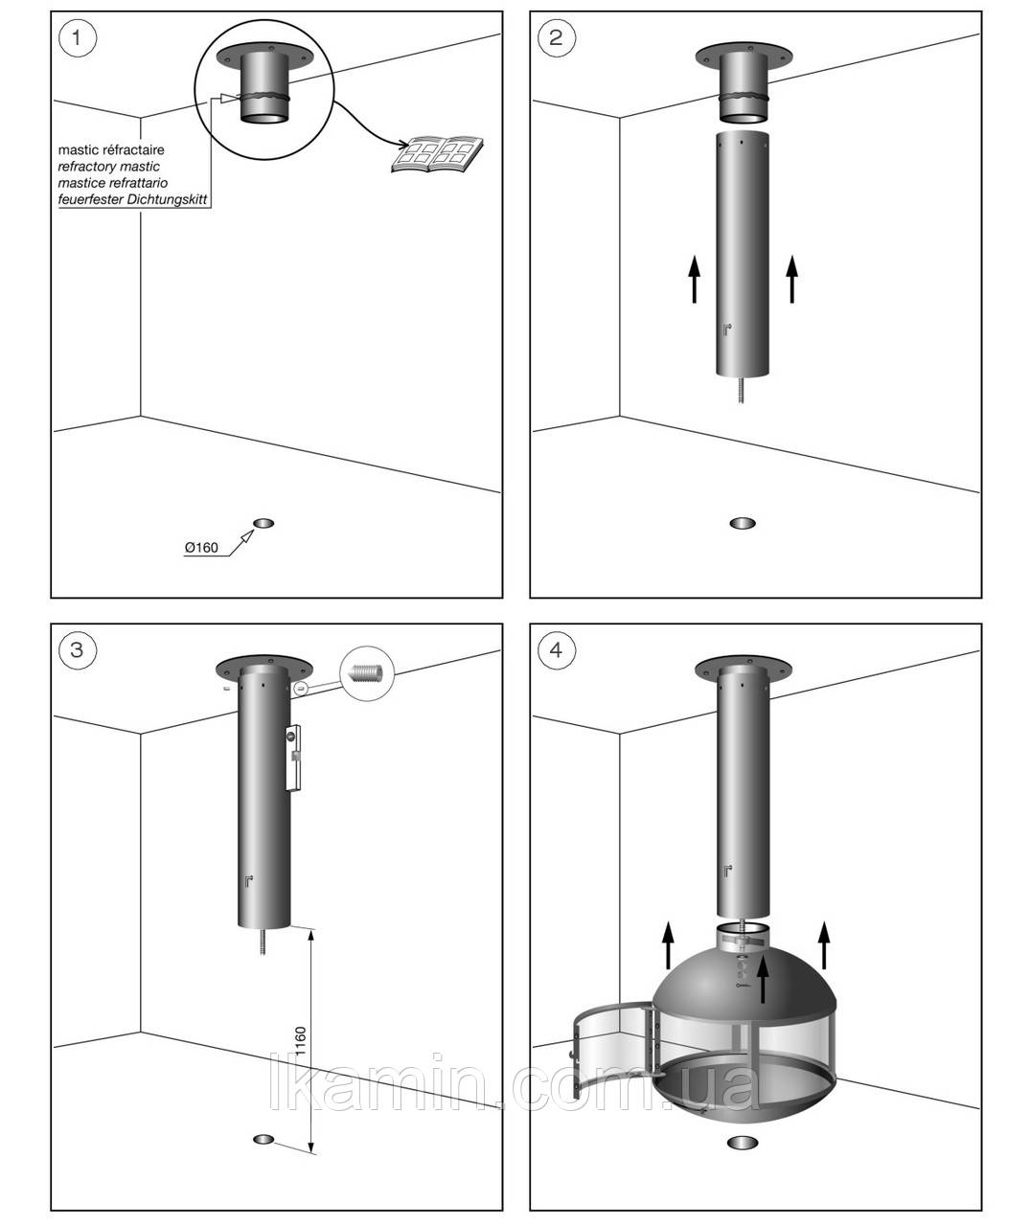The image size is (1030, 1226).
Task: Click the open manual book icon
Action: (438, 155)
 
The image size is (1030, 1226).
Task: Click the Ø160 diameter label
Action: (201, 548)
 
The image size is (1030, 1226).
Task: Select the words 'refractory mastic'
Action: (108, 167)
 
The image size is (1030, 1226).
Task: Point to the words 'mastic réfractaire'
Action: (111, 150)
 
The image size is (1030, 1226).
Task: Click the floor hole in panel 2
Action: (742, 523)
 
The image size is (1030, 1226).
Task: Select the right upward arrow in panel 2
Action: (791, 279)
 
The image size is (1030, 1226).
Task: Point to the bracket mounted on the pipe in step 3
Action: (295, 758)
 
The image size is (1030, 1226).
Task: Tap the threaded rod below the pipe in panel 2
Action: (742, 393)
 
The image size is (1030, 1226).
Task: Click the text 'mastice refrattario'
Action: (113, 183)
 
